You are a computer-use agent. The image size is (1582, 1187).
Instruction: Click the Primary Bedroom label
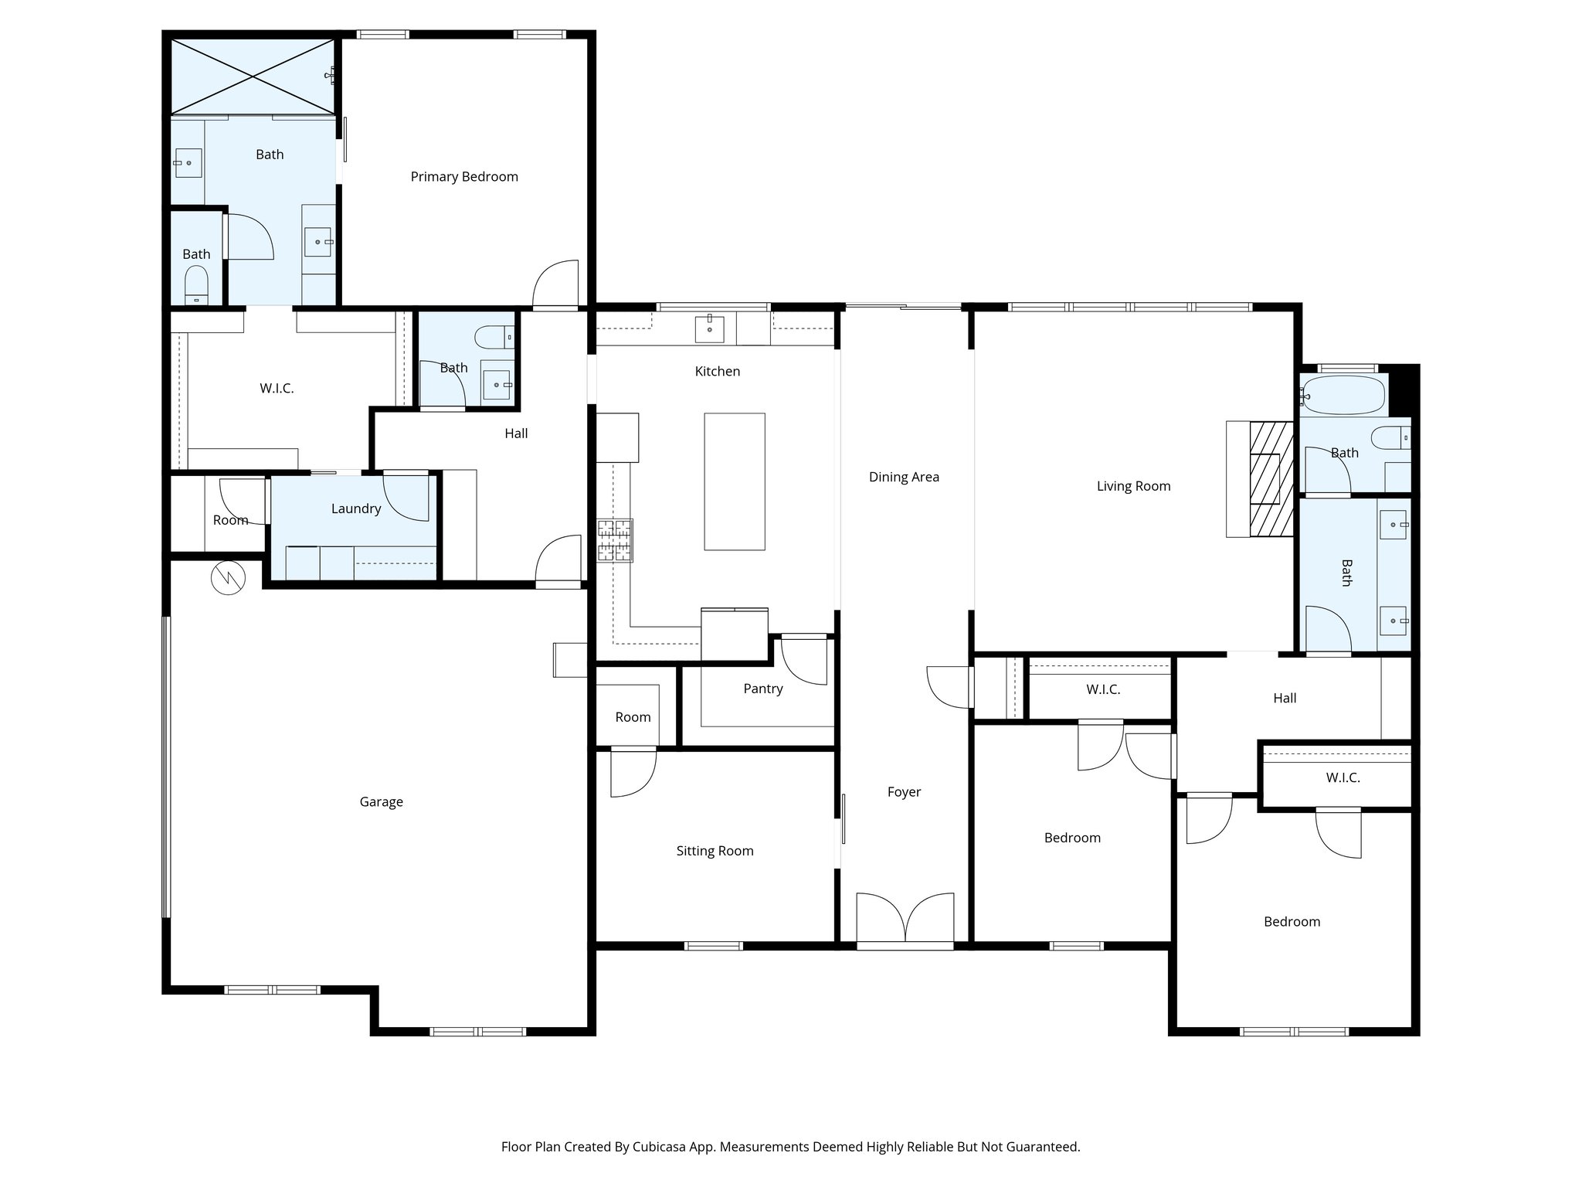(463, 177)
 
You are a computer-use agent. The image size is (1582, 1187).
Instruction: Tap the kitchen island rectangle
(734, 481)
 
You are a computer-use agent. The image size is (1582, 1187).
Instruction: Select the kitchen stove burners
(615, 539)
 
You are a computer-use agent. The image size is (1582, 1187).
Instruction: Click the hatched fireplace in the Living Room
(1271, 478)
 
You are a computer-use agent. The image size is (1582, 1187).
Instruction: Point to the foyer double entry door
(905, 920)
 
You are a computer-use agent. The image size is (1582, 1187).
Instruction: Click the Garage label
(381, 802)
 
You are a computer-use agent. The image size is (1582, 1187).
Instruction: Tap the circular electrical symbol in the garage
(228, 577)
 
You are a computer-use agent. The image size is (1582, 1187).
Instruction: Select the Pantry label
(762, 689)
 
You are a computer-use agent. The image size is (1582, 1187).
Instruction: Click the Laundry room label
(355, 508)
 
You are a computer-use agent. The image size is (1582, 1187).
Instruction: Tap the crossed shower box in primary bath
(253, 76)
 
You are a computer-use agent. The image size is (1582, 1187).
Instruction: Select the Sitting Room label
(715, 851)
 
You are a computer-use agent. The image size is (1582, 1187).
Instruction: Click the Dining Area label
(904, 477)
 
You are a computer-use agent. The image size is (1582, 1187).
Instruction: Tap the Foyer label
(904, 792)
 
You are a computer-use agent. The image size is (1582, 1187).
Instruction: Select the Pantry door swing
(804, 661)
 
